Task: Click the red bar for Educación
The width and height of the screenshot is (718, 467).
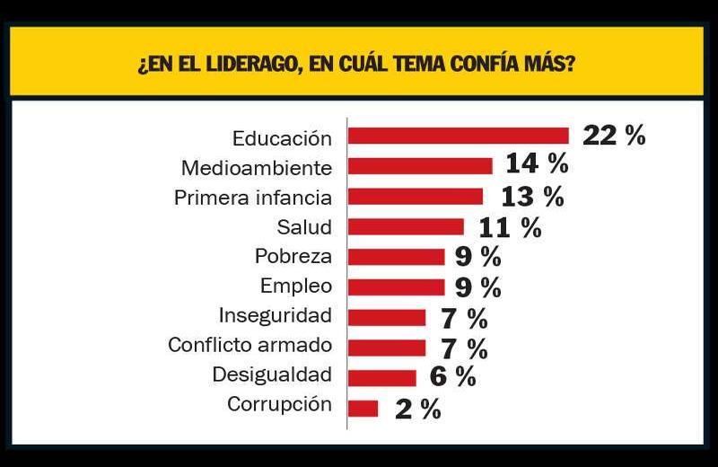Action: pos(459,136)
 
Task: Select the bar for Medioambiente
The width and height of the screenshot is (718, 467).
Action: pos(420,166)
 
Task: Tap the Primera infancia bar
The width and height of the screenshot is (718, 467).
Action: pos(416,197)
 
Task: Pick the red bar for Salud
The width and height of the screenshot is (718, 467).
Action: pos(406,226)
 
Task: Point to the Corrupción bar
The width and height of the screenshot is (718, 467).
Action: pos(363,409)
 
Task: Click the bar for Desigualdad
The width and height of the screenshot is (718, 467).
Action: pos(382,378)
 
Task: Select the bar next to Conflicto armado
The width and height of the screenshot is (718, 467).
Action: pos(387,348)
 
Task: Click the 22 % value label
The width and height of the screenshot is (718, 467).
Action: pos(614,136)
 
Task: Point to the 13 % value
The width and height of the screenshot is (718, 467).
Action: pos(531,196)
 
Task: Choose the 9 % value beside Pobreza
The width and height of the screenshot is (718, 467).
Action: pos(477,257)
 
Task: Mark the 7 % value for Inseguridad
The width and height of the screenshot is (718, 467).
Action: pos(464,318)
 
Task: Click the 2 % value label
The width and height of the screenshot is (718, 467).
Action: pos(418,410)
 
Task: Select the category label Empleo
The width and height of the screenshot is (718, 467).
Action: pos(296,286)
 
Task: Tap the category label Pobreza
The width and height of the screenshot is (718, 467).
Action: pos(293,256)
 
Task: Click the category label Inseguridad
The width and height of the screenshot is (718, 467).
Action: pos(276,315)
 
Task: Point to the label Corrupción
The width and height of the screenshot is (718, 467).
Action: pos(279,404)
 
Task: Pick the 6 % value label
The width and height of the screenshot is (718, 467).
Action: pos(453,377)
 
